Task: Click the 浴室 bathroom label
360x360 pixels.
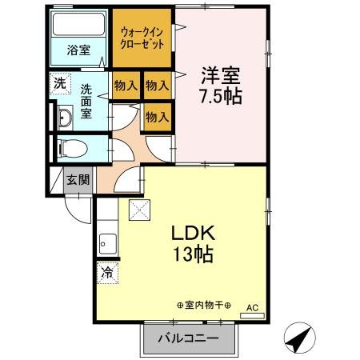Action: click(x=78, y=50)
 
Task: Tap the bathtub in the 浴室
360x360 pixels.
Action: click(x=80, y=25)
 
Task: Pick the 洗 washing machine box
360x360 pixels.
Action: click(x=61, y=83)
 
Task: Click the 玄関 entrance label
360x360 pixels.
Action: click(x=78, y=179)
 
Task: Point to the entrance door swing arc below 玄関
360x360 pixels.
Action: click(x=78, y=210)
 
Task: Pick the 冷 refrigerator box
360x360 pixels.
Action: click(x=106, y=272)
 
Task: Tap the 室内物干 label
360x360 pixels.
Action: click(x=203, y=304)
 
